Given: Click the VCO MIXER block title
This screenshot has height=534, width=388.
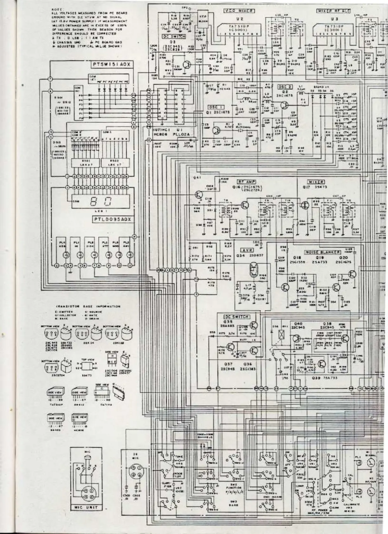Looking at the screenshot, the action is click(239, 11).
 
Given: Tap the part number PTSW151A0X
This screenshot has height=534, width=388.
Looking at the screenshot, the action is click(112, 65).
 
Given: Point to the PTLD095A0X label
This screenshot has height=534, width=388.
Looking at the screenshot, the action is click(112, 219).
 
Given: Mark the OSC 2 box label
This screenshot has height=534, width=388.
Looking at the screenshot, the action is click(285, 87).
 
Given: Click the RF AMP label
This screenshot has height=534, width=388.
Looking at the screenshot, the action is click(245, 182).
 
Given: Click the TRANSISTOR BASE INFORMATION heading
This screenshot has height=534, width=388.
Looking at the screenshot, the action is click(88, 307).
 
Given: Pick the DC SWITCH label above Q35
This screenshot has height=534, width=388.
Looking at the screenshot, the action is click(237, 316).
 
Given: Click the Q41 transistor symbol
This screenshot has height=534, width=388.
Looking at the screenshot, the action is click(199, 195).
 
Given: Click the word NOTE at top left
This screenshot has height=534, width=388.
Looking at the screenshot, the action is click(55, 10).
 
